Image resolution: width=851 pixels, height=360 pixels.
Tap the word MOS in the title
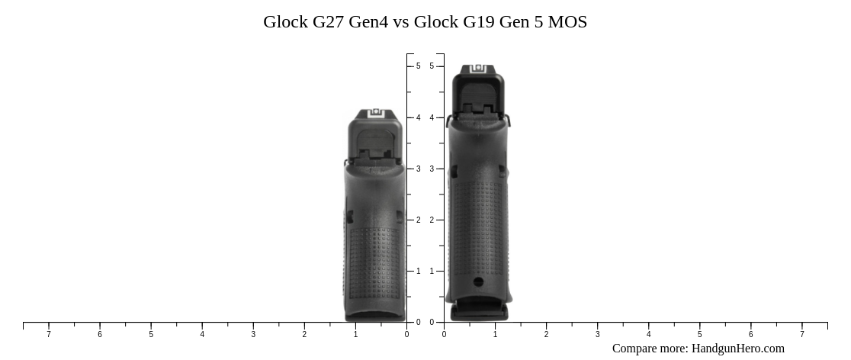[567, 22]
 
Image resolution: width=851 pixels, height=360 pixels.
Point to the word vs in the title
[401, 22]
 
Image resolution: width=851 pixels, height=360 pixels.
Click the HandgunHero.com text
[737, 349]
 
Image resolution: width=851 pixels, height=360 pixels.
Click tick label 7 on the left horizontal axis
[49, 334]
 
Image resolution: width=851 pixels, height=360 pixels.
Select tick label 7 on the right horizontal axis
[801, 334]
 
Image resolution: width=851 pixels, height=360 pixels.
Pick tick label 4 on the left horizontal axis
[202, 334]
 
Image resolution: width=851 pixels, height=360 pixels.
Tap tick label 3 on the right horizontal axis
[597, 334]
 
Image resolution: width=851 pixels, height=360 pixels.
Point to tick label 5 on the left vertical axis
[418, 66]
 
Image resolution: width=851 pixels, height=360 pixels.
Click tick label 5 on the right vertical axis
[432, 66]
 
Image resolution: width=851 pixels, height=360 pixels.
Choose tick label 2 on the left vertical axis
[418, 220]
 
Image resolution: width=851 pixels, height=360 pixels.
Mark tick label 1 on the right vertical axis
[432, 271]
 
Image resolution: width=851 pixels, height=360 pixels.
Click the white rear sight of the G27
[374, 113]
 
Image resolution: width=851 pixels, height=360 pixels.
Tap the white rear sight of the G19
[478, 69]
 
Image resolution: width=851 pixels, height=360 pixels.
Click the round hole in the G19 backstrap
[478, 281]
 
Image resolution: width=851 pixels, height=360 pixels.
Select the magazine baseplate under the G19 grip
[478, 312]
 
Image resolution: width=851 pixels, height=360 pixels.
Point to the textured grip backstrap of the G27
[374, 259]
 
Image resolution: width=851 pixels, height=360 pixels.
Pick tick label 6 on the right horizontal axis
[750, 334]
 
